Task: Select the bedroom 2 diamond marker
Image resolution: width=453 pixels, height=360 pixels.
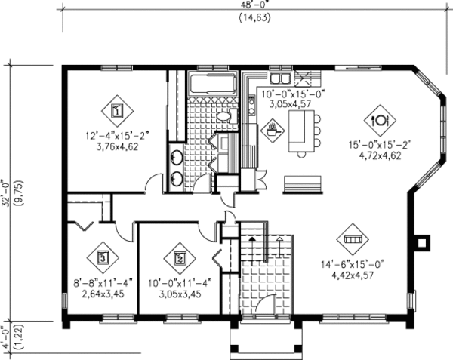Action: (x=180, y=257)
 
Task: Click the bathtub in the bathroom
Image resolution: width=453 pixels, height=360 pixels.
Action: (x=213, y=84)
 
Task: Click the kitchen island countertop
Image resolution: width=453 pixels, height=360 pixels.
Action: (x=304, y=128)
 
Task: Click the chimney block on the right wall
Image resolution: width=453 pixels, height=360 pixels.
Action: (x=424, y=242)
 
